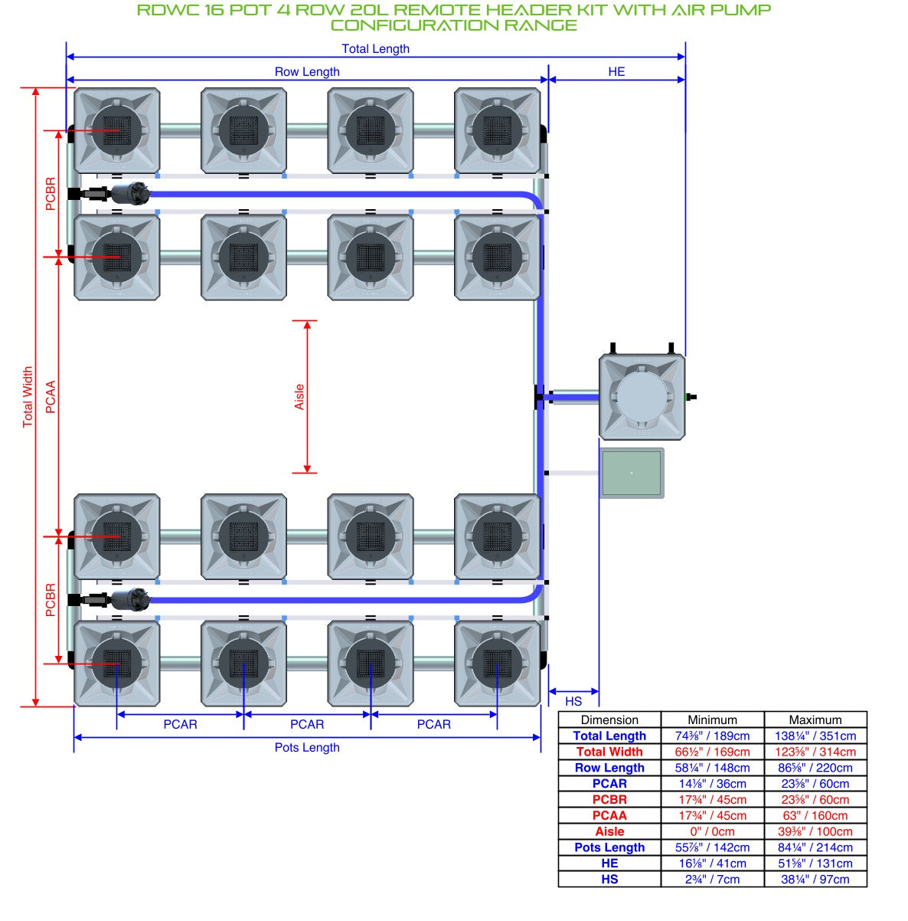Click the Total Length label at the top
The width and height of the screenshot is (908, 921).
[x=375, y=49]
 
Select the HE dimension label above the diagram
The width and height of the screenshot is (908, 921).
[x=616, y=72]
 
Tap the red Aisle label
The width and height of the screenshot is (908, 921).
[x=299, y=397]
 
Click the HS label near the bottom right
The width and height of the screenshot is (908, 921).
[x=573, y=701]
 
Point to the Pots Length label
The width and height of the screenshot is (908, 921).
[x=307, y=747]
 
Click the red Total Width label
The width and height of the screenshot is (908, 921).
[x=28, y=397]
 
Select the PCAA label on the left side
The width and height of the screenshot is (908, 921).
[x=51, y=397]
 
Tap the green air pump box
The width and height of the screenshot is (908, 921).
[x=632, y=474]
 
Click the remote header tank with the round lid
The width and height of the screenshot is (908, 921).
[x=642, y=397]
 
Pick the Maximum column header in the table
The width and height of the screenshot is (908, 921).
[x=815, y=719]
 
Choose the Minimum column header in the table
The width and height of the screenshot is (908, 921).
[x=712, y=719]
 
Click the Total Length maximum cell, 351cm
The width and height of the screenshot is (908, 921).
[x=815, y=736]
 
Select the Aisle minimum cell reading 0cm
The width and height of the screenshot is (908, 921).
[x=712, y=831]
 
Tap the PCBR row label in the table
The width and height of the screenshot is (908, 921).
[x=609, y=800]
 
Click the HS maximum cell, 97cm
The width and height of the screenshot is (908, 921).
[x=815, y=879]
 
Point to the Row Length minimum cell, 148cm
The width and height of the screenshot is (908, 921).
[x=712, y=768]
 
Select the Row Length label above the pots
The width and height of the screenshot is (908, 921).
[x=307, y=72]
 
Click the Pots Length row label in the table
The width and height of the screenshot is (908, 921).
[x=609, y=847]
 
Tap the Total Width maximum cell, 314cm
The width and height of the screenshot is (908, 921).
[x=815, y=752]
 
